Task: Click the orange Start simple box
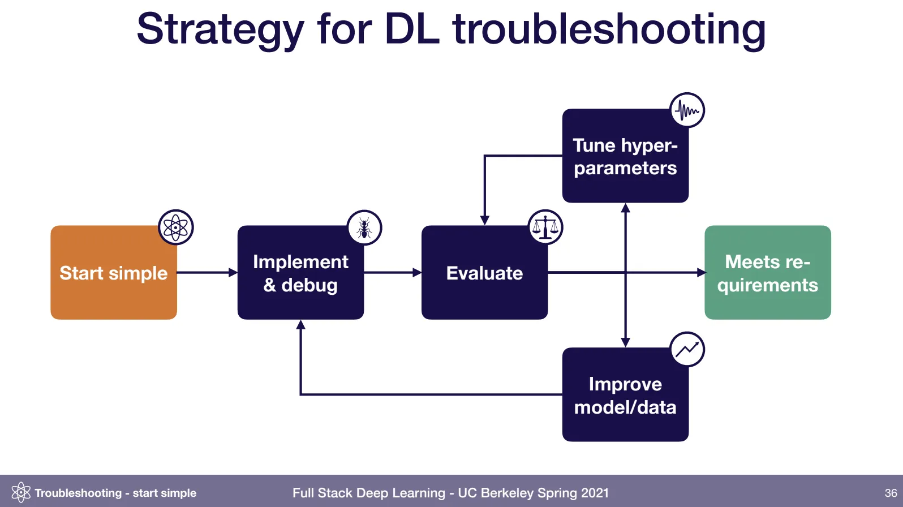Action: tap(113, 273)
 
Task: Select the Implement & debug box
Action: tap(300, 273)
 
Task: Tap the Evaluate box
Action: tap(484, 273)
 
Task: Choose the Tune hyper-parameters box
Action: tap(625, 156)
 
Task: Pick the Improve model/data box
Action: tap(625, 395)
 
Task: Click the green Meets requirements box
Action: tap(767, 273)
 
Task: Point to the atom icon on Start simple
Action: tap(175, 227)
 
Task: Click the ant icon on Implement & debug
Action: tap(364, 228)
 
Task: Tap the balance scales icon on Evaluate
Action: tap(545, 227)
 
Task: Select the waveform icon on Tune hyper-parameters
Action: tap(687, 110)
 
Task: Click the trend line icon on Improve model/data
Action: tap(687, 349)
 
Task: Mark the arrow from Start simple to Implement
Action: tap(207, 273)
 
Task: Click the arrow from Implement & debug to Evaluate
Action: tap(393, 273)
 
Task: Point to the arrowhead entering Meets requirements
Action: tap(702, 273)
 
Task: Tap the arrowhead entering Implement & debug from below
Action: tap(300, 325)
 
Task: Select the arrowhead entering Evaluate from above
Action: tap(484, 220)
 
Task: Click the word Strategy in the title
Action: tap(220, 29)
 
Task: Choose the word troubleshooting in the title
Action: tap(609, 29)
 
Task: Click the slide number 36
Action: tap(891, 493)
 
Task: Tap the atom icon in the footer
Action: tap(21, 492)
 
